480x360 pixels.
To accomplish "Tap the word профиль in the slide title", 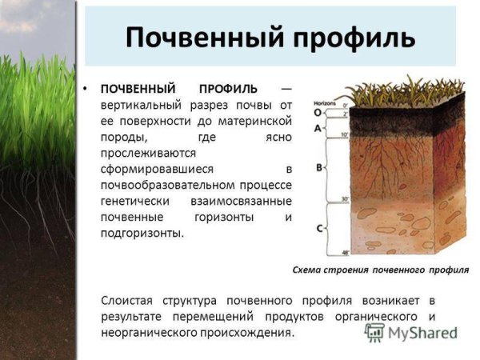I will pyautogui.click(x=347, y=37).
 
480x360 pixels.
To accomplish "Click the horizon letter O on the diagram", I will pyautogui.click(x=318, y=113).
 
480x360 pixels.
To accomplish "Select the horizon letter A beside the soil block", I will pyautogui.click(x=318, y=128).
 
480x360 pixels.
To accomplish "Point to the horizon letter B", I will pyautogui.click(x=319, y=168).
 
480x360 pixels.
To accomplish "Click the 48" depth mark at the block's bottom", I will pyautogui.click(x=346, y=253).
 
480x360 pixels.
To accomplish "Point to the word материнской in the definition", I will pyautogui.click(x=248, y=120).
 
